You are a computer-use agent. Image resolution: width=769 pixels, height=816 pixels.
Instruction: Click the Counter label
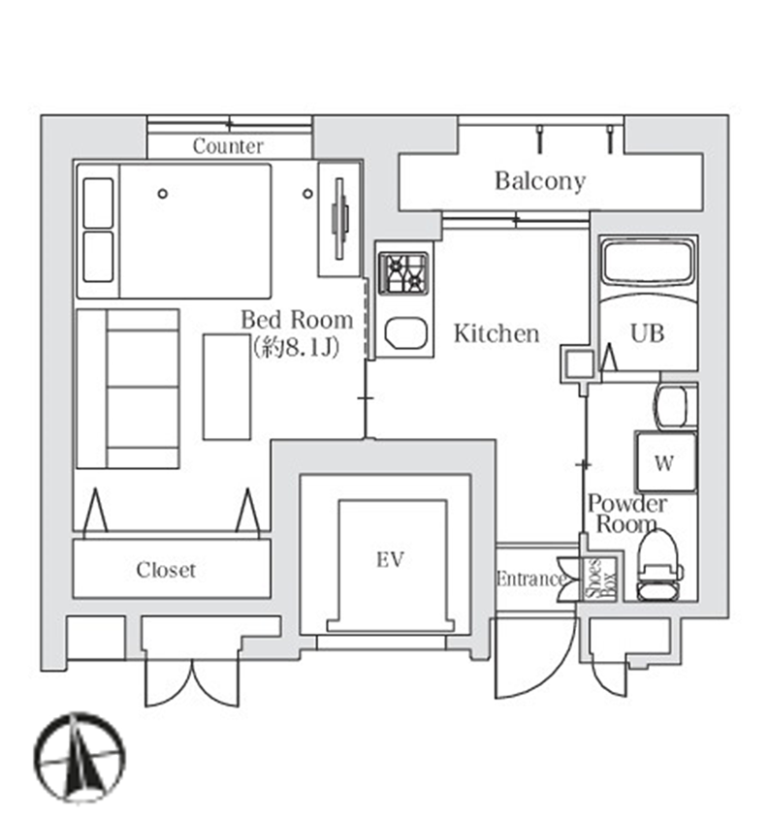pos(228,146)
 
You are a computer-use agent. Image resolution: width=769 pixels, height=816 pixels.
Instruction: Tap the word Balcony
pos(540,181)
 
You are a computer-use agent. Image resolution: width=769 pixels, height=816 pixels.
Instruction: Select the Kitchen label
pos(497,333)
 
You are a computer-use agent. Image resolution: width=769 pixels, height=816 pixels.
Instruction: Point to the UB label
pos(647,333)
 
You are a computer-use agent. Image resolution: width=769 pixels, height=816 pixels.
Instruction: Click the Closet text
pos(166,570)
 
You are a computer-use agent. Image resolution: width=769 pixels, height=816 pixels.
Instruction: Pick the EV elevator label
pos(390,559)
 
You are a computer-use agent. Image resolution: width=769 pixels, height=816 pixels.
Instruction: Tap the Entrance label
pos(530,579)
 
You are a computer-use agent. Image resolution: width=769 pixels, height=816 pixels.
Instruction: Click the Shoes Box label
pos(600,579)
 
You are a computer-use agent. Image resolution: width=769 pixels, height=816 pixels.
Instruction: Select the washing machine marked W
pos(665,462)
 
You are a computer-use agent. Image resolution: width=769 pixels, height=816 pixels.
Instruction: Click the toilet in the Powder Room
pos(658,566)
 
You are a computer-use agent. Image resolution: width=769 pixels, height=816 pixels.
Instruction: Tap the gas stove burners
pos(403,273)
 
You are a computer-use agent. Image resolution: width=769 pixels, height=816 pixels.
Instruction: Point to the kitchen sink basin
pos(406,332)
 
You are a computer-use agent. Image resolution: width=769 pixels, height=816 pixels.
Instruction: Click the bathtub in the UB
pos(648,263)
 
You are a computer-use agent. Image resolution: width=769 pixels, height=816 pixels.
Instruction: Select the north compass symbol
pos(80,758)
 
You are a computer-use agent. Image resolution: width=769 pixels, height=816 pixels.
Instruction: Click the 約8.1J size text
pos(296,347)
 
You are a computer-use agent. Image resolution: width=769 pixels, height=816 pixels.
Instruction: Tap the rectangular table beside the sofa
pos(227,387)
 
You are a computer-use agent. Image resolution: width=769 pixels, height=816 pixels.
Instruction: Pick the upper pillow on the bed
pos(98,203)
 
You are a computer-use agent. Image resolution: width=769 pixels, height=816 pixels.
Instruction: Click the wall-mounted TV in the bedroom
pos(340,219)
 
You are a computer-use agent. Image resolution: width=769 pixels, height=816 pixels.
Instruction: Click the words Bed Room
pos(297,320)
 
